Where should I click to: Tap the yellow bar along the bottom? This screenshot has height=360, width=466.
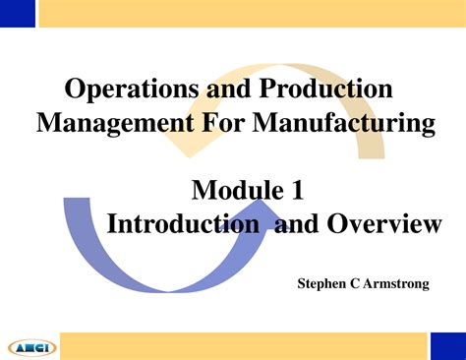click(246, 345)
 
